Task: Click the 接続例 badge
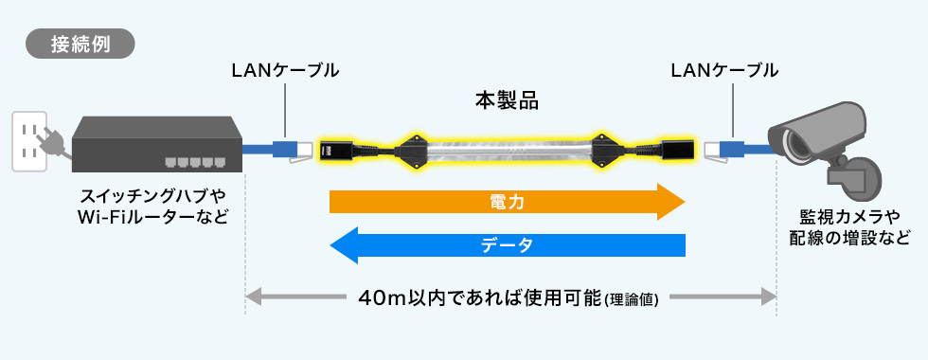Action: [80, 45]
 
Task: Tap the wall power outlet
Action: [28, 142]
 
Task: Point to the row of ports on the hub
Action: [193, 160]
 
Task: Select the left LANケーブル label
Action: [285, 70]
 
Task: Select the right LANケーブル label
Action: [723, 70]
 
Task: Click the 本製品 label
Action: [506, 99]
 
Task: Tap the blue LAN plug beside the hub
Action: [285, 149]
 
